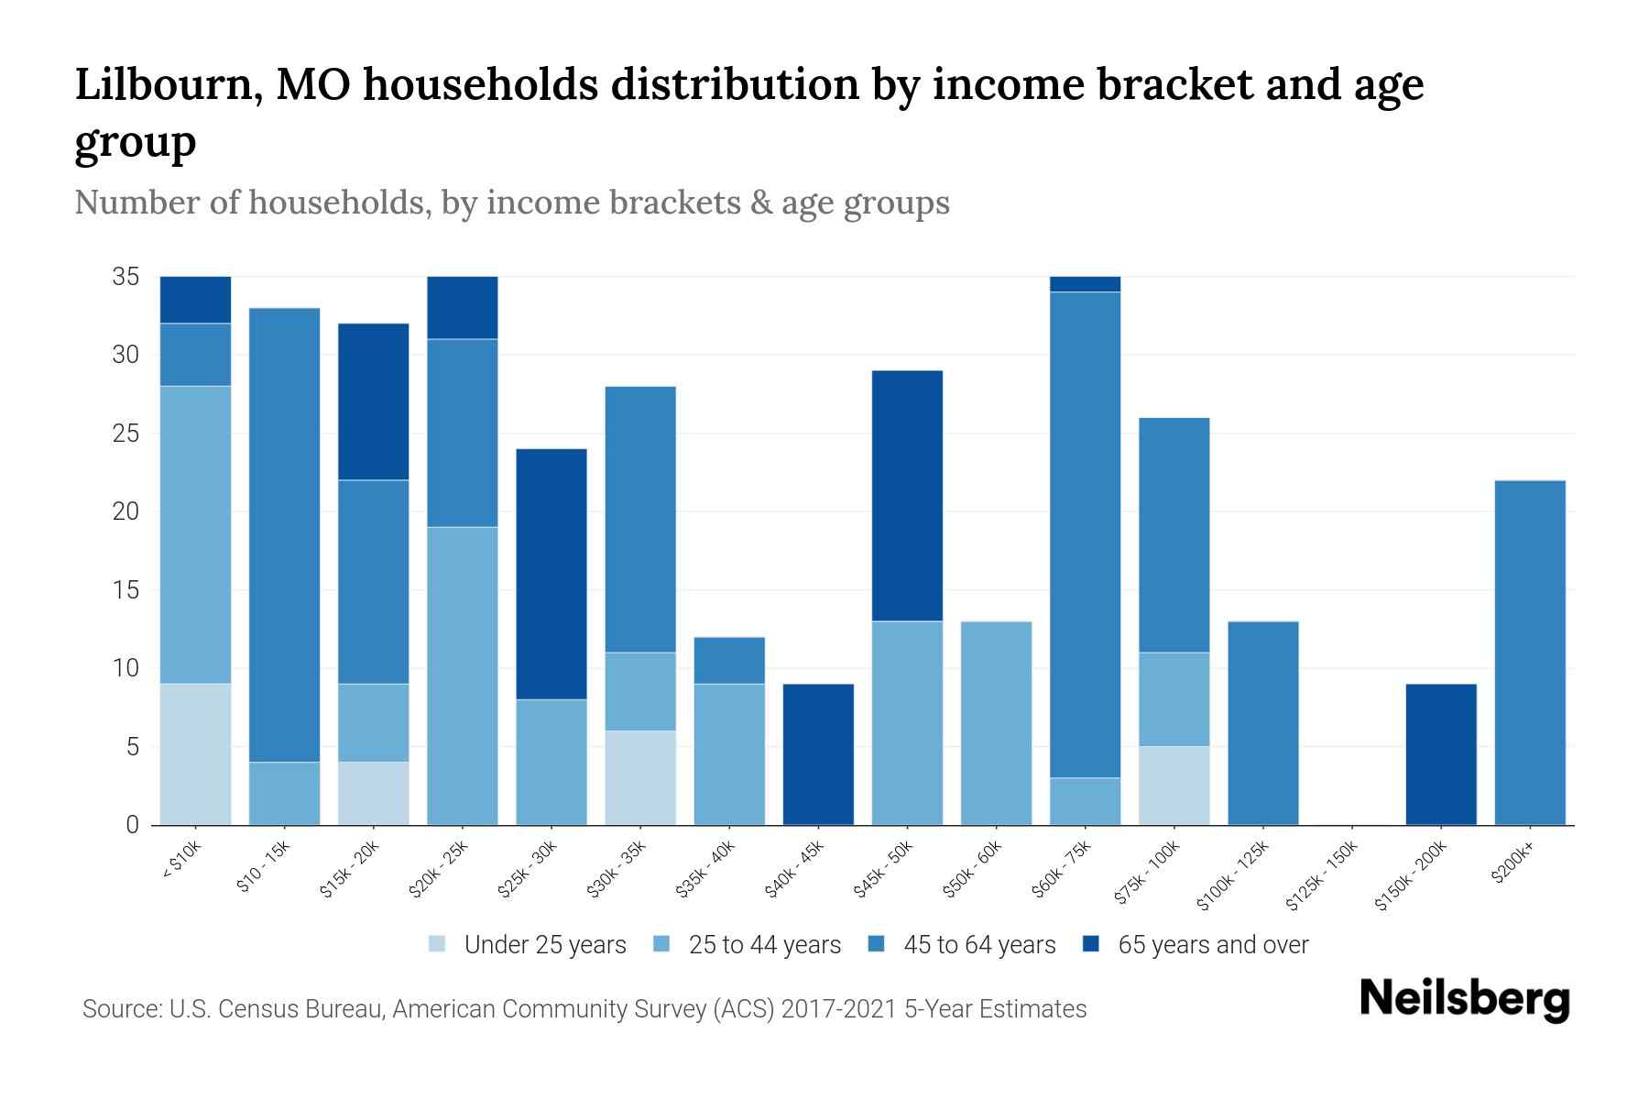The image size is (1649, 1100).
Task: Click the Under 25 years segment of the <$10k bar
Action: [195, 753]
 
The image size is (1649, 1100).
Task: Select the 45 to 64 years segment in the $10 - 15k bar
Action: [284, 534]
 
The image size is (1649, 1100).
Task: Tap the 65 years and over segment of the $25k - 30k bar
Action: [551, 574]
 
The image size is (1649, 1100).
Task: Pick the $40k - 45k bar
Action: [818, 753]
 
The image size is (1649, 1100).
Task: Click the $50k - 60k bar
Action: [996, 722]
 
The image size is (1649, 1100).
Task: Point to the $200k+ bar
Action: [1530, 652]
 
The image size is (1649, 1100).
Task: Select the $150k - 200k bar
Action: [1441, 753]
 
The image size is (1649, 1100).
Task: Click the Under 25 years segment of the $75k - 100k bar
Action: [1174, 785]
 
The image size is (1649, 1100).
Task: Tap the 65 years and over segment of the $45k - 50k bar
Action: [907, 496]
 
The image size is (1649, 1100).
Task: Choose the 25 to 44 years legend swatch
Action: [662, 944]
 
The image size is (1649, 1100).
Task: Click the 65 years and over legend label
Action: [1213, 945]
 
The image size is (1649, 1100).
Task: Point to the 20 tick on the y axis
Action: [126, 511]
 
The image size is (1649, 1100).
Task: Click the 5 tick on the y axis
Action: [132, 747]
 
